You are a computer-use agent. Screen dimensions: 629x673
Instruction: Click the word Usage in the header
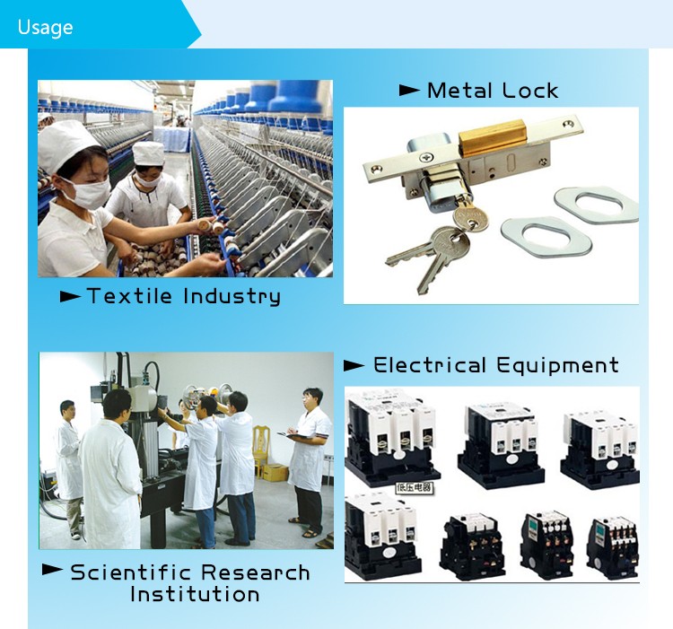pyautogui.click(x=45, y=27)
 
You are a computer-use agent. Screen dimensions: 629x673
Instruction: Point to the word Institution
pyautogui.click(x=195, y=594)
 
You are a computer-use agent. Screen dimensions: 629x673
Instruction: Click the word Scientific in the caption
pyautogui.click(x=130, y=572)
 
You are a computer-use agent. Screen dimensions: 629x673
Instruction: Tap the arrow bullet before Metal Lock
pyautogui.click(x=409, y=91)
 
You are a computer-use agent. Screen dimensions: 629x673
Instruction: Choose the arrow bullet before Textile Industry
pyautogui.click(x=70, y=296)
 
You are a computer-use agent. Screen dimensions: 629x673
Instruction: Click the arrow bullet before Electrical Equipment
pyautogui.click(x=354, y=365)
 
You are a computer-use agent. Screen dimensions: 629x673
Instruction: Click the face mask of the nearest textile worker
pyautogui.click(x=87, y=192)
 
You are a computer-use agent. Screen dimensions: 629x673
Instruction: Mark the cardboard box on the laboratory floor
pyautogui.click(x=275, y=472)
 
